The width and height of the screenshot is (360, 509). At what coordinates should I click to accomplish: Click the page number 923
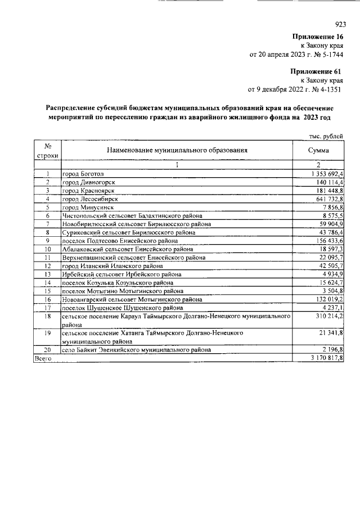point(340,24)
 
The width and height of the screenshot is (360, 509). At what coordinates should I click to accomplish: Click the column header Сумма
point(318,150)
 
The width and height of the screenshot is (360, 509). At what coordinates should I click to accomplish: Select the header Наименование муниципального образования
point(176,150)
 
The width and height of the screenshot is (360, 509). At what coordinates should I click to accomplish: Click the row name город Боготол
point(83,174)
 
